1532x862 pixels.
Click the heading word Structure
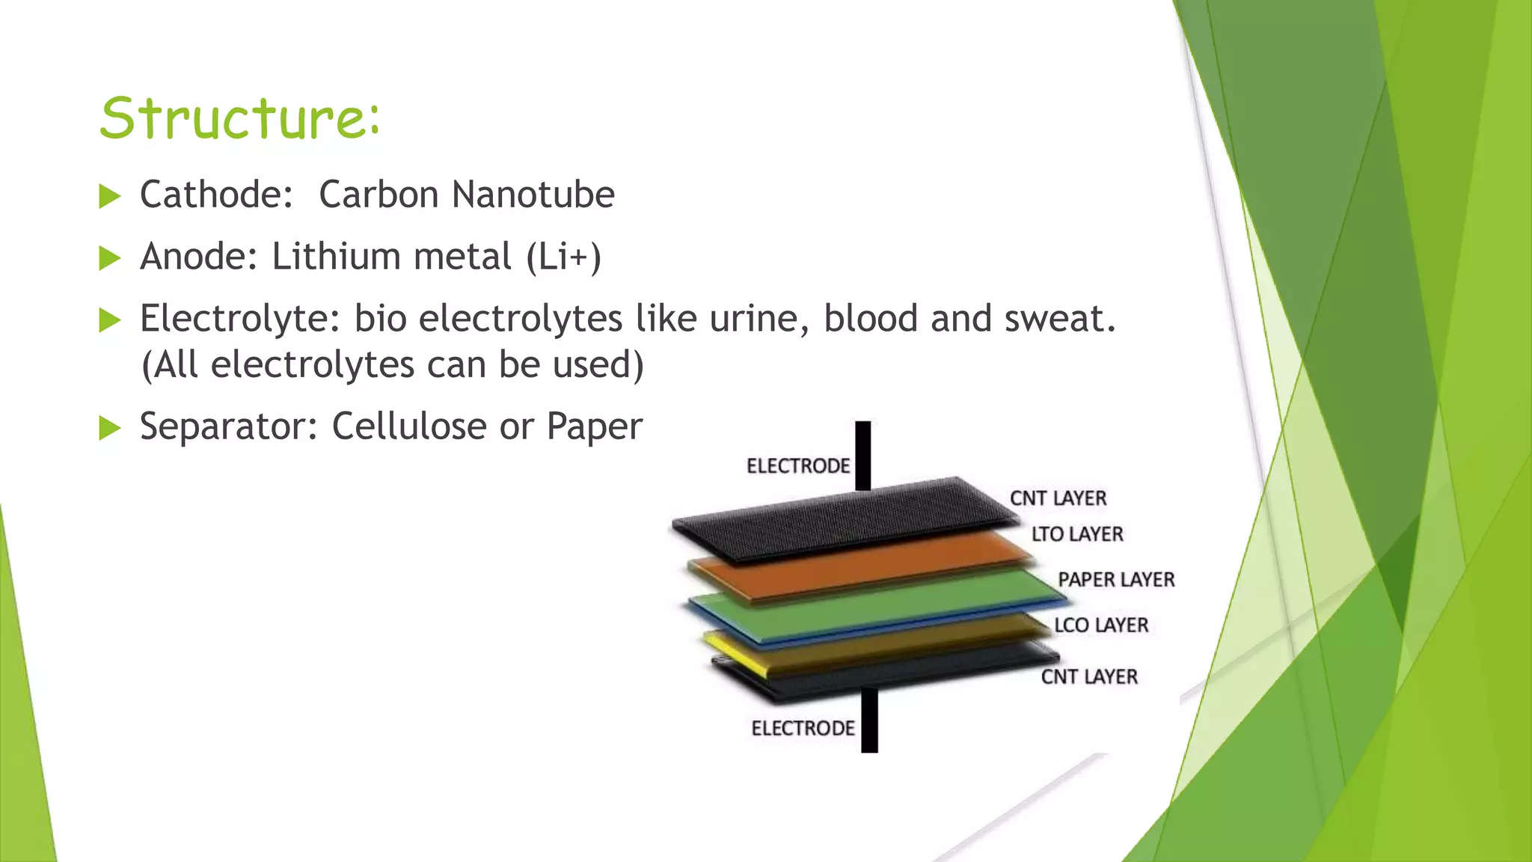239,118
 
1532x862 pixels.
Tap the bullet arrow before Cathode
110,197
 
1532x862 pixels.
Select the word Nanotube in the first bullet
534,195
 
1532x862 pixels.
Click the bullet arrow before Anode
110,259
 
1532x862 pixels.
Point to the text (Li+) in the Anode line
563,257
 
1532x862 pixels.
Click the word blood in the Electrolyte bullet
871,319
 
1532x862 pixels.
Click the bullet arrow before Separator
110,429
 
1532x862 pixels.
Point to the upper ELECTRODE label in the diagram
798,466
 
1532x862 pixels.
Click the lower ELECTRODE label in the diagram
803,728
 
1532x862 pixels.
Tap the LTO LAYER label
1077,534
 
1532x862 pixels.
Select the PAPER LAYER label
1116,580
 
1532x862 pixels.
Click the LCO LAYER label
1101,625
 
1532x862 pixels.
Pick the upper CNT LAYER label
1058,498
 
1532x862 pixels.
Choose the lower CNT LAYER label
1089,676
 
